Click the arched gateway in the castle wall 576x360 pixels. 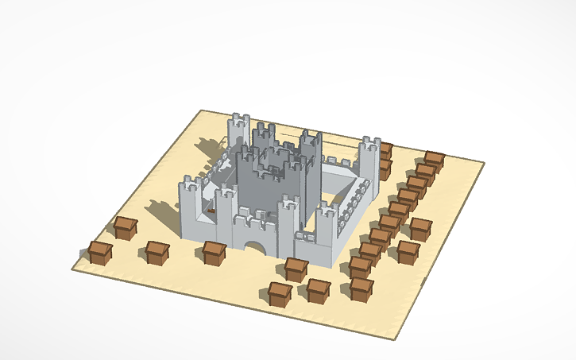click(x=256, y=247)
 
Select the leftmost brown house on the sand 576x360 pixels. click(x=100, y=253)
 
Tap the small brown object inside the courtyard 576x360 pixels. click(x=211, y=211)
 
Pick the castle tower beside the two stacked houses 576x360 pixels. click(x=368, y=159)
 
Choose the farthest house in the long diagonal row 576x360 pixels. click(x=434, y=160)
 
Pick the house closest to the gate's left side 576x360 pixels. click(x=214, y=253)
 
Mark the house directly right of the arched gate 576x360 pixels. click(x=296, y=269)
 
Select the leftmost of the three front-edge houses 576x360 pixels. click(x=279, y=293)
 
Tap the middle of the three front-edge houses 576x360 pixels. click(x=318, y=290)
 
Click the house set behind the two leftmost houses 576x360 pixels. click(x=125, y=227)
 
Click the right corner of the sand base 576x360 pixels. click(x=482, y=164)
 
